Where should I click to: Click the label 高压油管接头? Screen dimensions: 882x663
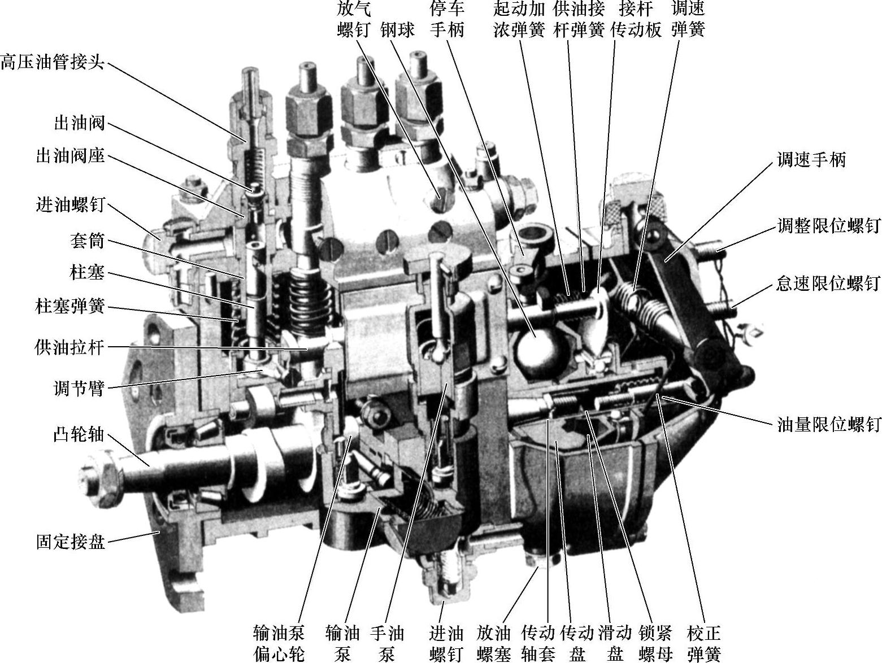[x=53, y=63]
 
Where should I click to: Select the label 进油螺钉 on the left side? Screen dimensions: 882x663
[x=70, y=204]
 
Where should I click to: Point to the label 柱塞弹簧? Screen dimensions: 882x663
[x=70, y=307]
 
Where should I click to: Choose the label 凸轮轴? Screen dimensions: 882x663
[x=79, y=434]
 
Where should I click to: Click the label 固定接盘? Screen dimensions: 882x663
[x=70, y=542]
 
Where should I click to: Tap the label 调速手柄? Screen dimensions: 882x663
[x=811, y=159]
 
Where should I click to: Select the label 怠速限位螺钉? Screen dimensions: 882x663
[x=828, y=283]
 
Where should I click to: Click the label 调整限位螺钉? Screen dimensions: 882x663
[x=828, y=226]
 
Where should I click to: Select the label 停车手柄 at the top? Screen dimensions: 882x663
[x=447, y=19]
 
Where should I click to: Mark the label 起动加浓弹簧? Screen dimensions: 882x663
[x=519, y=19]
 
